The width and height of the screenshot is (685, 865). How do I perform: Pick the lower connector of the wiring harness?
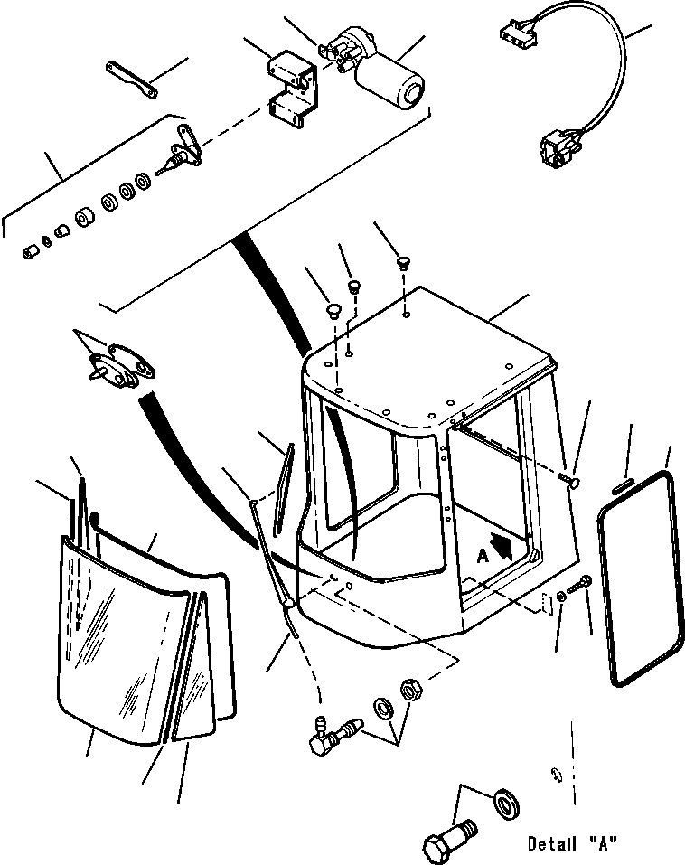(556, 147)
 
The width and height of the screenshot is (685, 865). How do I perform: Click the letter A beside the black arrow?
(483, 557)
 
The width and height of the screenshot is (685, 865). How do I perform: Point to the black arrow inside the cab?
(502, 546)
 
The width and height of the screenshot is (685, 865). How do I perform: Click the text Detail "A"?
(571, 844)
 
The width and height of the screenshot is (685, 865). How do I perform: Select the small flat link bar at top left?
(131, 80)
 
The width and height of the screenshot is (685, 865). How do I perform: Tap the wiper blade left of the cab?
(284, 489)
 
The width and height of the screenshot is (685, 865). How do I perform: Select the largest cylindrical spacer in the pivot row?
(84, 218)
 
